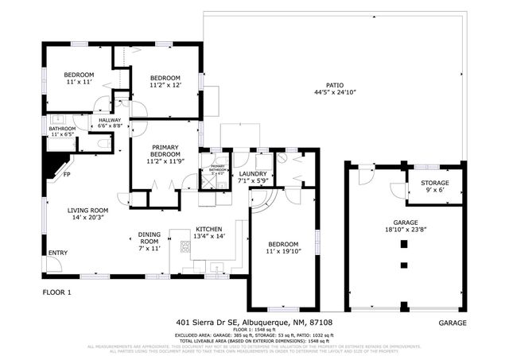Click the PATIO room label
tap(334, 88)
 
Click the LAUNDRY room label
tap(252, 176)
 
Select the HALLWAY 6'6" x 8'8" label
tap(110, 122)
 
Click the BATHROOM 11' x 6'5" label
tap(62, 132)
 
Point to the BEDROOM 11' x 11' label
tap(79, 78)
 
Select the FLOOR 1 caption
tap(56, 292)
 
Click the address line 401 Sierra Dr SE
tap(254, 323)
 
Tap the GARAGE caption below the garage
tap(453, 323)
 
